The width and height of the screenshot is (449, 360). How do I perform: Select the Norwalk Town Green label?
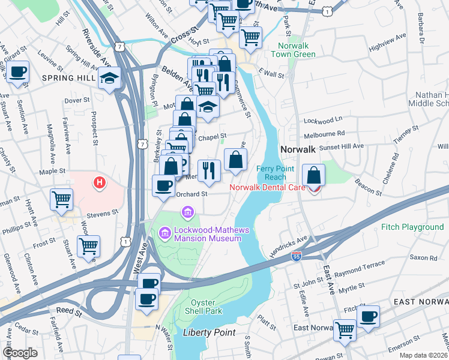tap(296, 50)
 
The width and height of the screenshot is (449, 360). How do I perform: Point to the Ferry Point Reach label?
tap(276, 173)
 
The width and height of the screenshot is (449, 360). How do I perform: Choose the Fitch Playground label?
tap(412, 227)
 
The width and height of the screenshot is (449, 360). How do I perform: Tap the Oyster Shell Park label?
tap(206, 306)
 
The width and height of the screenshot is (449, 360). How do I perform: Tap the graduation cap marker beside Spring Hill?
tap(110, 78)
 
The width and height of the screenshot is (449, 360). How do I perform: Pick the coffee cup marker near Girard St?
tap(19, 72)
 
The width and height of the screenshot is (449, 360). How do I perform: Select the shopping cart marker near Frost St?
tap(89, 245)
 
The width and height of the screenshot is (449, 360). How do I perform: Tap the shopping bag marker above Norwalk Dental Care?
tap(313, 175)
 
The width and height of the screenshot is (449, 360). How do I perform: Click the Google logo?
tap(20, 352)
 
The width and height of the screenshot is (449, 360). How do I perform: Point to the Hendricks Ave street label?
tap(288, 246)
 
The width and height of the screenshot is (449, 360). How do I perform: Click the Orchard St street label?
tap(191, 194)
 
